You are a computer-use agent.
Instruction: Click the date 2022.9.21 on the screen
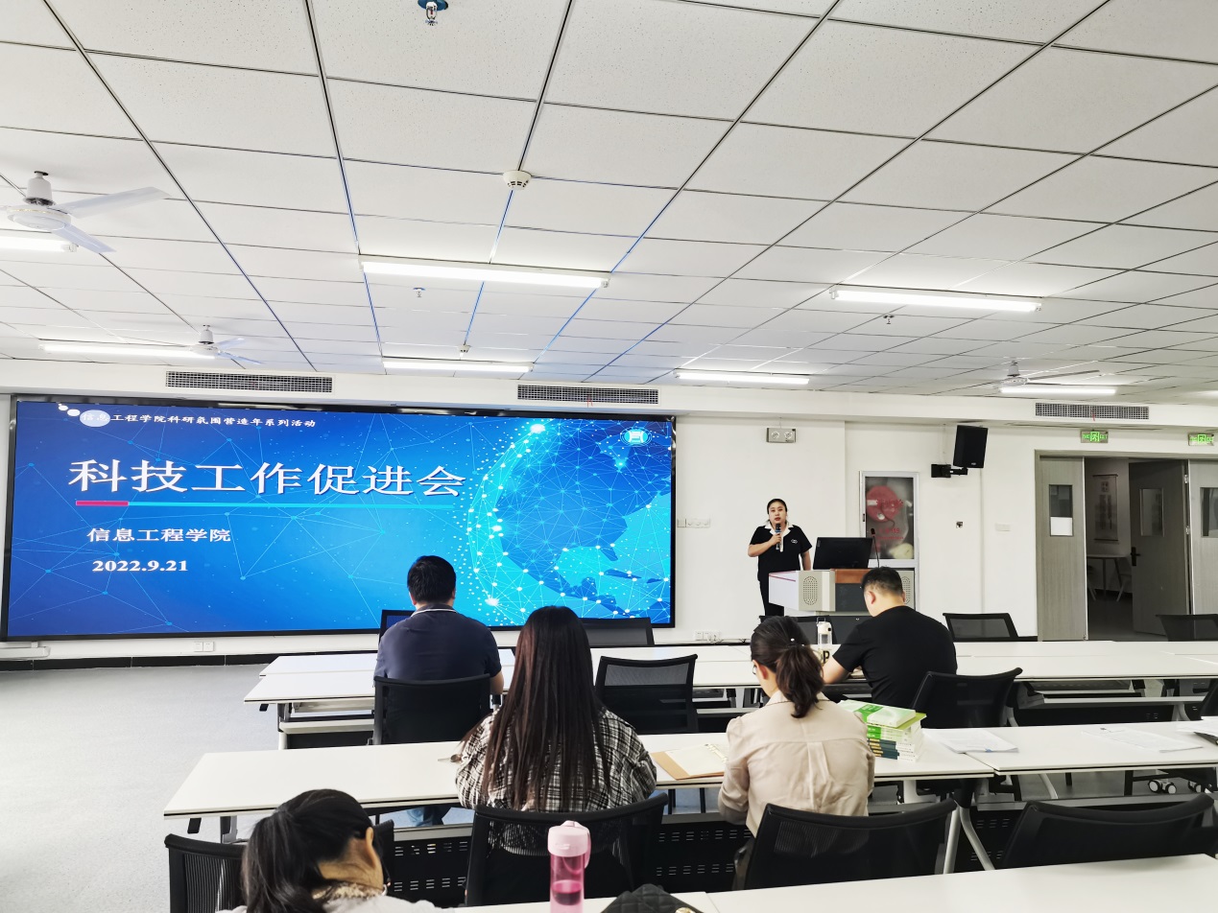(x=139, y=566)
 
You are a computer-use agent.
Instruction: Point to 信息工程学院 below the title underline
(x=158, y=535)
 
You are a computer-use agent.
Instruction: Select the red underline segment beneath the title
(x=101, y=503)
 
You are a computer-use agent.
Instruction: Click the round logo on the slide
(x=635, y=436)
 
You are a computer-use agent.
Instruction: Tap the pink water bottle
(x=568, y=863)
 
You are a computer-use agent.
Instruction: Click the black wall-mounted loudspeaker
(x=969, y=446)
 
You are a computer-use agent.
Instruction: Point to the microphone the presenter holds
(x=778, y=532)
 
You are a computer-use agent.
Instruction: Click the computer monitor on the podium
(x=842, y=552)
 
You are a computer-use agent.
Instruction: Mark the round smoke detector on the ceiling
(x=517, y=179)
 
